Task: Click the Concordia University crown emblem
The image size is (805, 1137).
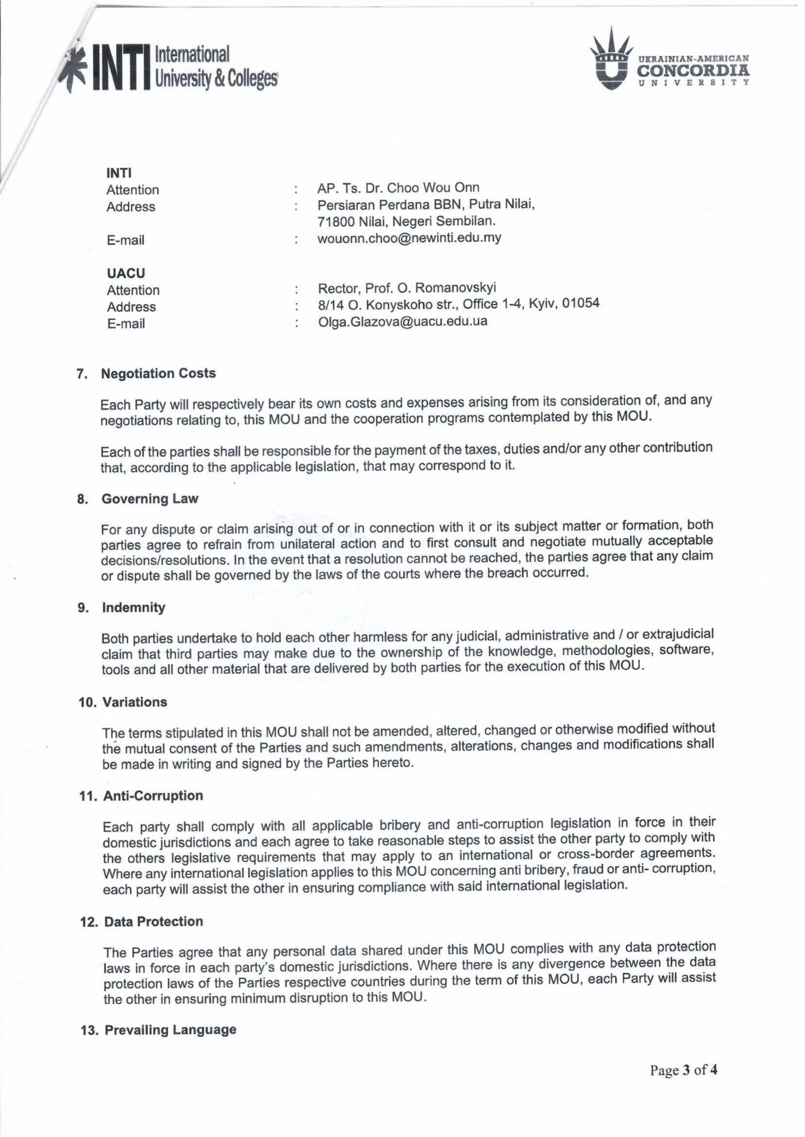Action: (613, 60)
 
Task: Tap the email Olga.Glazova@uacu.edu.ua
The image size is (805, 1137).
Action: (402, 322)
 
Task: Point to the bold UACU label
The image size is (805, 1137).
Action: (126, 273)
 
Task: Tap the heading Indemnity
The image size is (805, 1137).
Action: (134, 608)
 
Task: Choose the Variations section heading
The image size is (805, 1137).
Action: (135, 702)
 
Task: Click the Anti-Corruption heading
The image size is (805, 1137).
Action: (153, 795)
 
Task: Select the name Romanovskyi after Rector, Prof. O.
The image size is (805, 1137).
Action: (455, 288)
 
